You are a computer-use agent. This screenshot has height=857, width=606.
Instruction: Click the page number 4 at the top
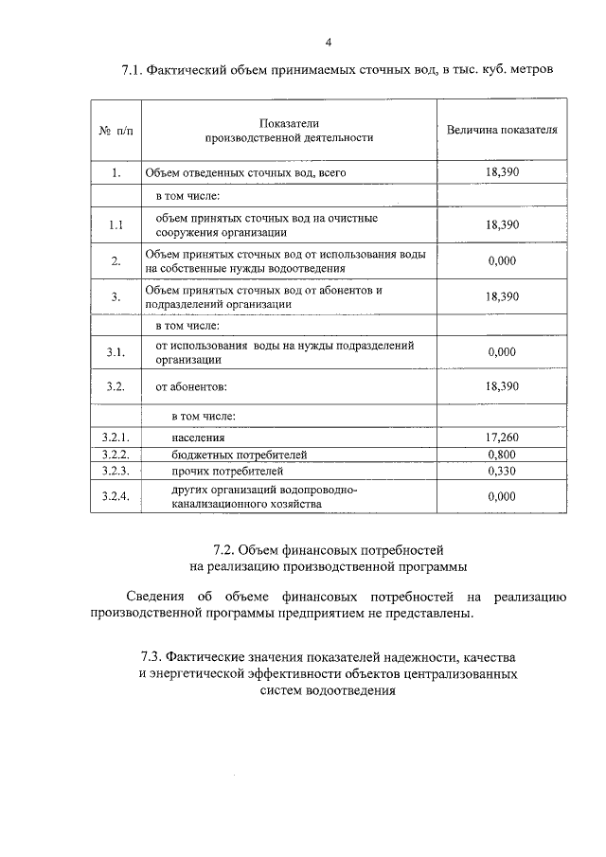point(328,43)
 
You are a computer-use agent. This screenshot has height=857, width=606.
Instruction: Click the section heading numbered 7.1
point(337,70)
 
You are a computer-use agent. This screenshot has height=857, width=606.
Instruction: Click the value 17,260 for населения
point(502,437)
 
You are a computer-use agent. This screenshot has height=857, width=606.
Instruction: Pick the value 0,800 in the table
point(502,454)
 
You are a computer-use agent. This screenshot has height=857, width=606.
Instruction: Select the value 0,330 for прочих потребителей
point(502,470)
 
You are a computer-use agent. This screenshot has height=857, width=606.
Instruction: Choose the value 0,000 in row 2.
point(502,261)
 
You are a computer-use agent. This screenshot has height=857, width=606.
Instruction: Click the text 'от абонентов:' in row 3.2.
point(192,386)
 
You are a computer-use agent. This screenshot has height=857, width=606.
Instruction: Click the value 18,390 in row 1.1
point(502,225)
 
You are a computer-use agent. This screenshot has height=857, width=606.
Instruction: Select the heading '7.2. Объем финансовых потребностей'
point(328,550)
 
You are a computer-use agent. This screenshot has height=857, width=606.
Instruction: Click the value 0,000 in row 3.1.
point(502,352)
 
